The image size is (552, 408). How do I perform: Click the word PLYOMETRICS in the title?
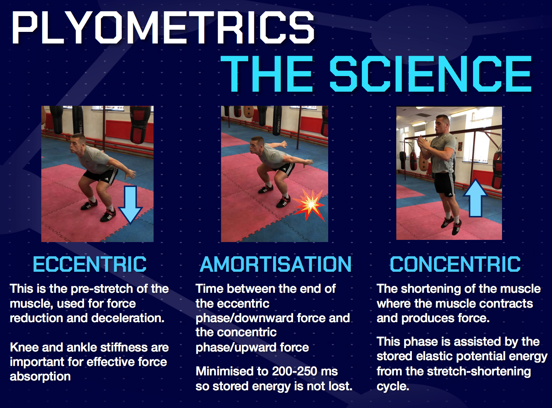[163, 27]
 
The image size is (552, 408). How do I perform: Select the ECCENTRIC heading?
[89, 264]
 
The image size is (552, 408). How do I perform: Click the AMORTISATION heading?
[276, 264]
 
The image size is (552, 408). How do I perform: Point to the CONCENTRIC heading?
[455, 264]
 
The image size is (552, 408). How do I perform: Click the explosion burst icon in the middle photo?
[309, 205]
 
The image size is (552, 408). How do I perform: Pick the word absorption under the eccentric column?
[40, 377]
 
